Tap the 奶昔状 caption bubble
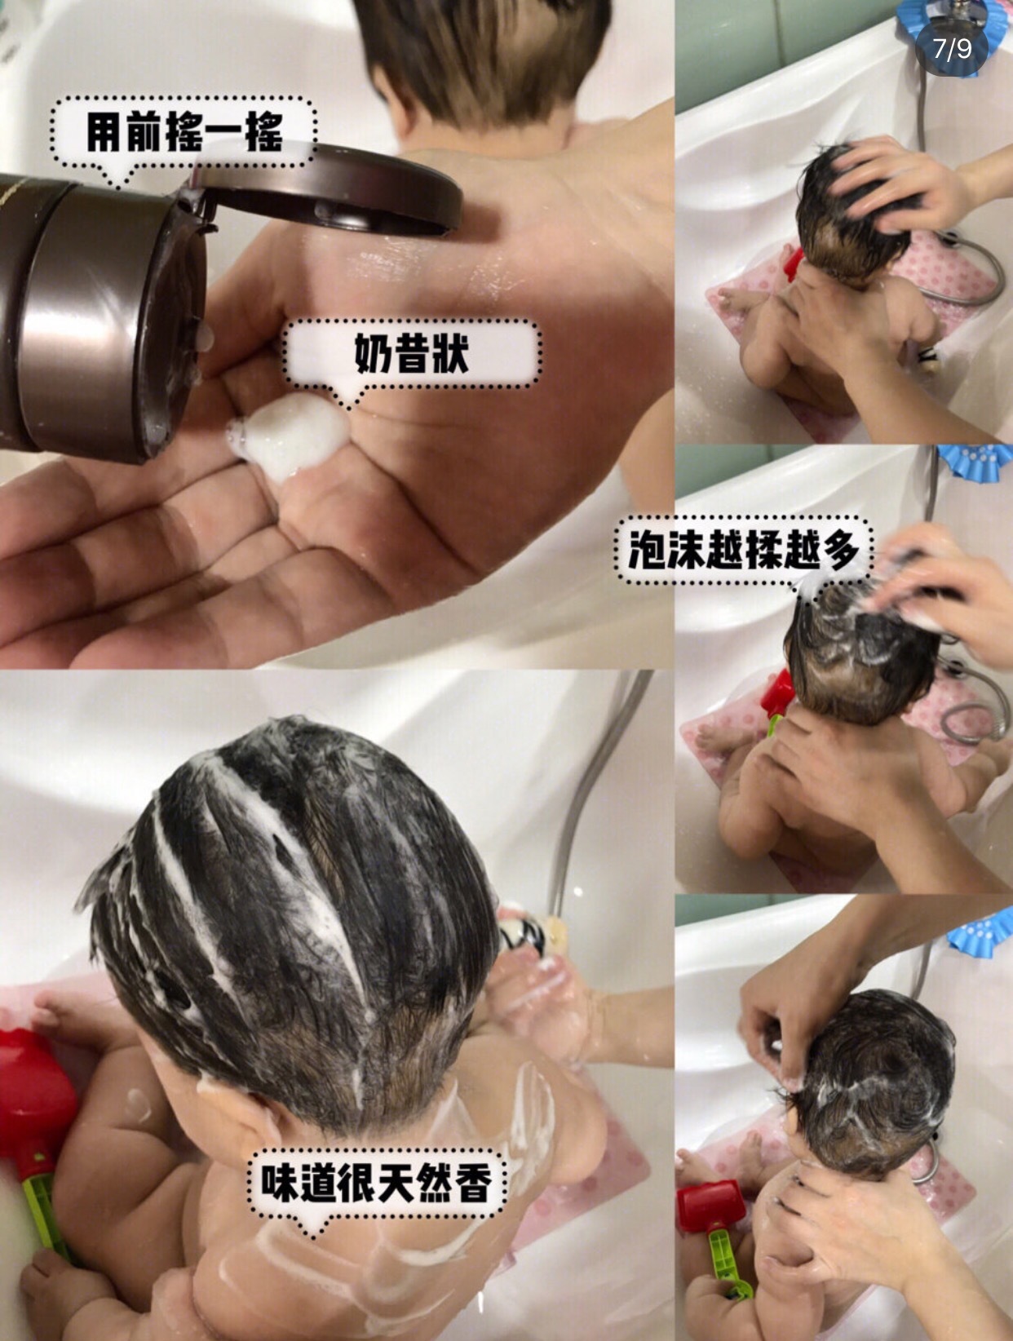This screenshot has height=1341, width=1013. pyautogui.click(x=411, y=353)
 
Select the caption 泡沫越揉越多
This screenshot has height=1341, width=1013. pyautogui.click(x=743, y=550)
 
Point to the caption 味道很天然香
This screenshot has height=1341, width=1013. pyautogui.click(x=376, y=1183)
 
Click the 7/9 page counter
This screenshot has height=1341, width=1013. pyautogui.click(x=952, y=49)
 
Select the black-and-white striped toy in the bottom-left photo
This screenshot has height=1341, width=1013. pyautogui.click(x=522, y=930)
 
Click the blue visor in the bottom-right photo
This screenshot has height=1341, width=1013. pyautogui.click(x=979, y=930)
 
